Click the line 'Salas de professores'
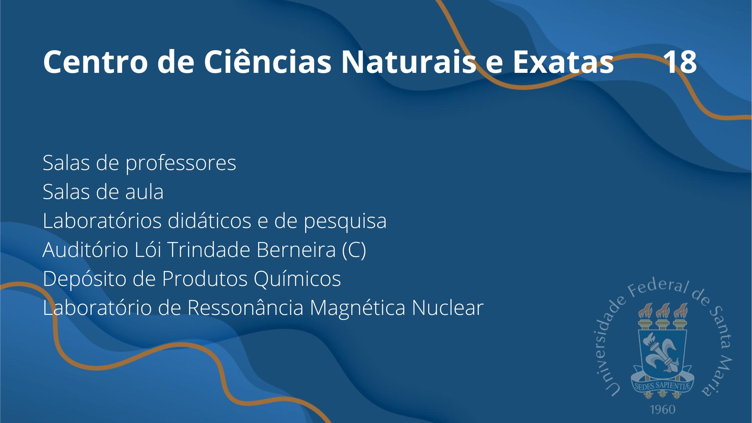pos(139,163)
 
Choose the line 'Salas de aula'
pos(103,192)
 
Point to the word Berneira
pos(296,250)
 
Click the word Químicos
pos(297,279)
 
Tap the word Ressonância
pos(245,308)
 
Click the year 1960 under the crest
pos(662,410)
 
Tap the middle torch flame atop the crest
pos(662,311)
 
